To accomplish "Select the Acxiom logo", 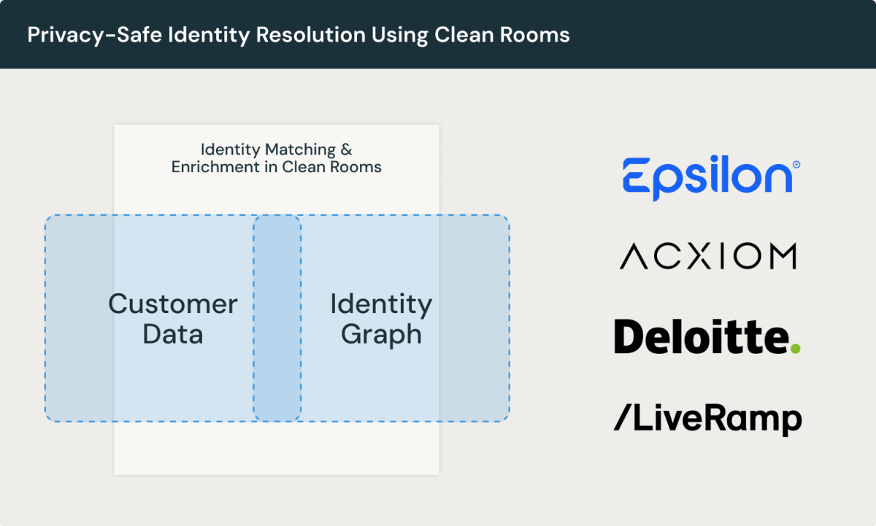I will click(707, 257).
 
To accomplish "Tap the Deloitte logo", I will click(707, 337).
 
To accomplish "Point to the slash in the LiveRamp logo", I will click(622, 419).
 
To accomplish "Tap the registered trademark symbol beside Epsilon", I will click(796, 166).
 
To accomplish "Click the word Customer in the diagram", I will click(173, 304).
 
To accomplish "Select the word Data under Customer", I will click(173, 334).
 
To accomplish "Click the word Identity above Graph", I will click(381, 304).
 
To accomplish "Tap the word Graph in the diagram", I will click(381, 335).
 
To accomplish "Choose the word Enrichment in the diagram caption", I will click(212, 167).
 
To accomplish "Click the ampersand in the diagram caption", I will click(345, 150).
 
